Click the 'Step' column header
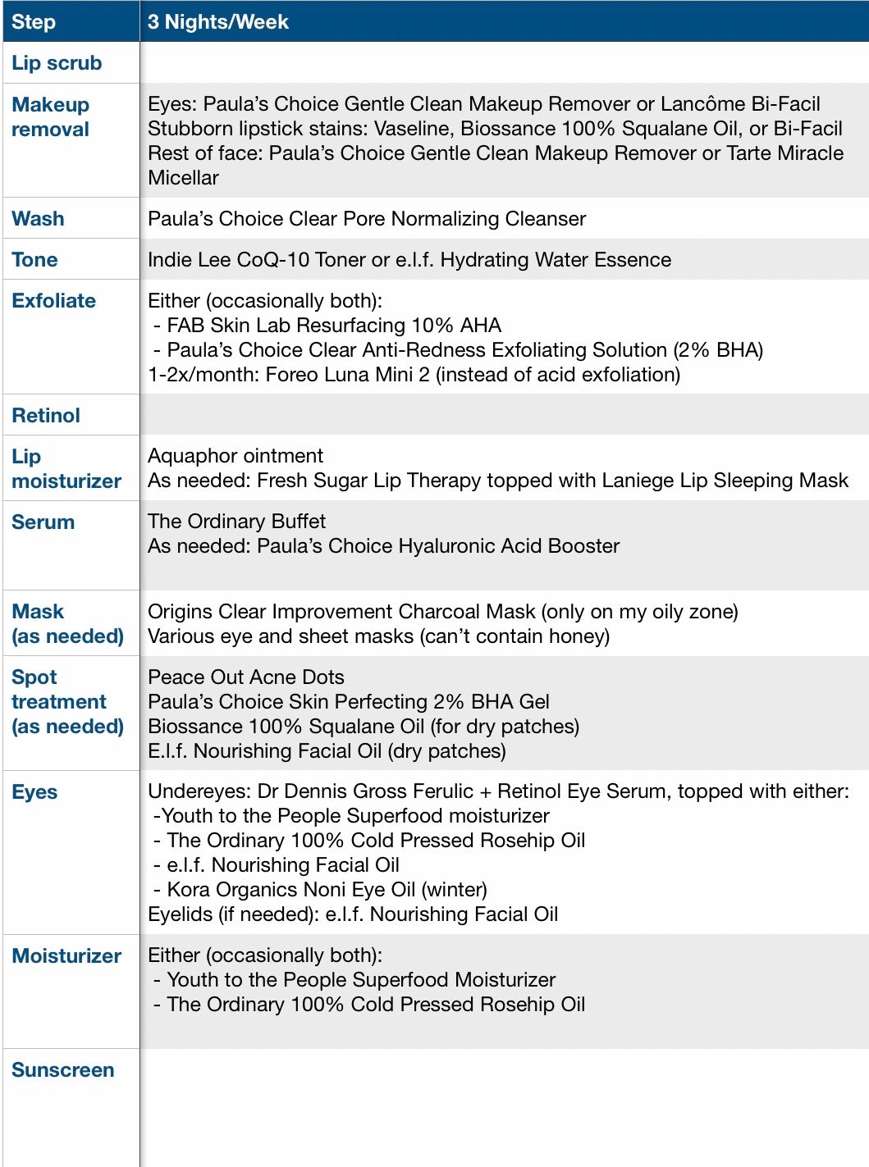[34, 22]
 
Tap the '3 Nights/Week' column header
[218, 22]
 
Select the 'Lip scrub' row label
[57, 63]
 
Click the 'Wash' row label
[38, 219]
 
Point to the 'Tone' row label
[34, 260]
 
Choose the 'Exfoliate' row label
[53, 301]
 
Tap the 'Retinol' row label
[46, 416]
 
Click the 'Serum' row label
[43, 522]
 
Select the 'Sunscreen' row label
[63, 1070]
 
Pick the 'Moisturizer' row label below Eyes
[66, 956]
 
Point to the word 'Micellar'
[183, 178]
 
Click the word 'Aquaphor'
[186, 456]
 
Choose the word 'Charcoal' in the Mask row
[441, 612]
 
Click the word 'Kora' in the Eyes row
[190, 890]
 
